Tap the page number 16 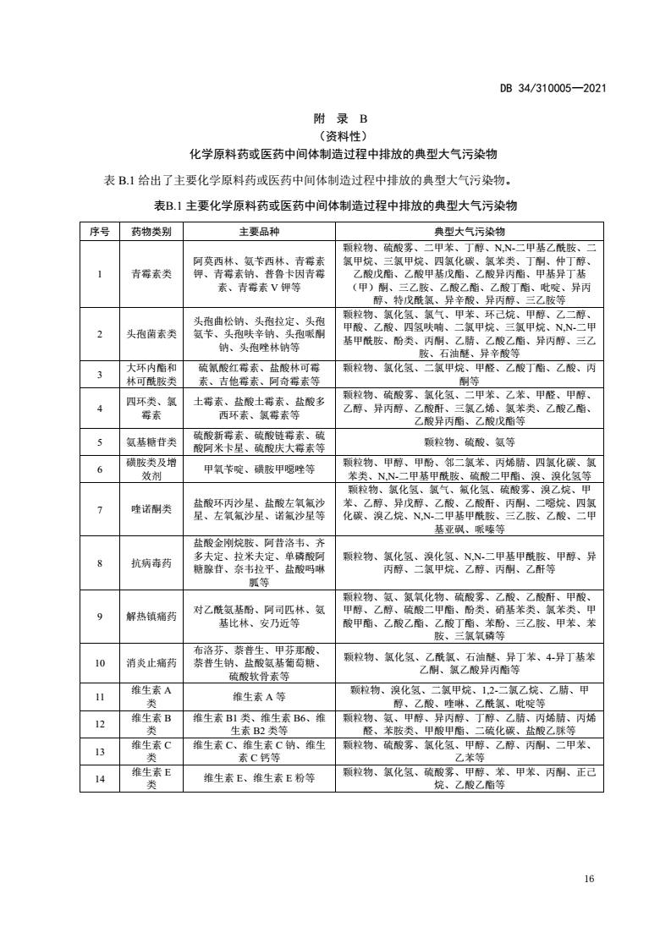590,879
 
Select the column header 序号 100,231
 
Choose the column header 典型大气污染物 470,231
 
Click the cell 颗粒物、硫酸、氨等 470,442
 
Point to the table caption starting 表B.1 336,206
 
